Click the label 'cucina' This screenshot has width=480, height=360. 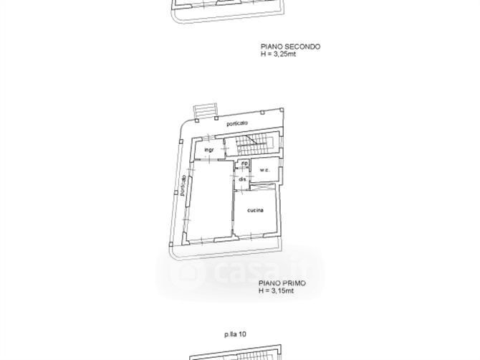point(254,210)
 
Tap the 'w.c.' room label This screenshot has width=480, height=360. point(264,170)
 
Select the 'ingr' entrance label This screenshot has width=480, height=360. point(209,150)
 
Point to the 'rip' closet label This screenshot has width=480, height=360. point(244,164)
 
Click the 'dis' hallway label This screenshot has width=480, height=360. point(242,179)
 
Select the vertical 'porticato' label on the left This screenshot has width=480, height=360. point(183,185)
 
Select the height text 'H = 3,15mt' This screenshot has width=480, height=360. point(278,291)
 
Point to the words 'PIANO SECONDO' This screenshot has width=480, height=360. point(290,47)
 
